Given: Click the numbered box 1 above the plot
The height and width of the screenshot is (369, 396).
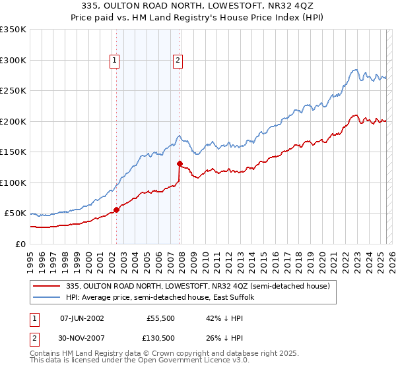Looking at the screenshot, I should [114, 61].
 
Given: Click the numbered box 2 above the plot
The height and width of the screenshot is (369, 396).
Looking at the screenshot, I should [178, 61].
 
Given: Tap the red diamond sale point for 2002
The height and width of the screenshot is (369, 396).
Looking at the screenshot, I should [117, 210].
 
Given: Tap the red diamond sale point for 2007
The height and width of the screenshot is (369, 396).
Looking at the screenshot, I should [180, 163].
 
